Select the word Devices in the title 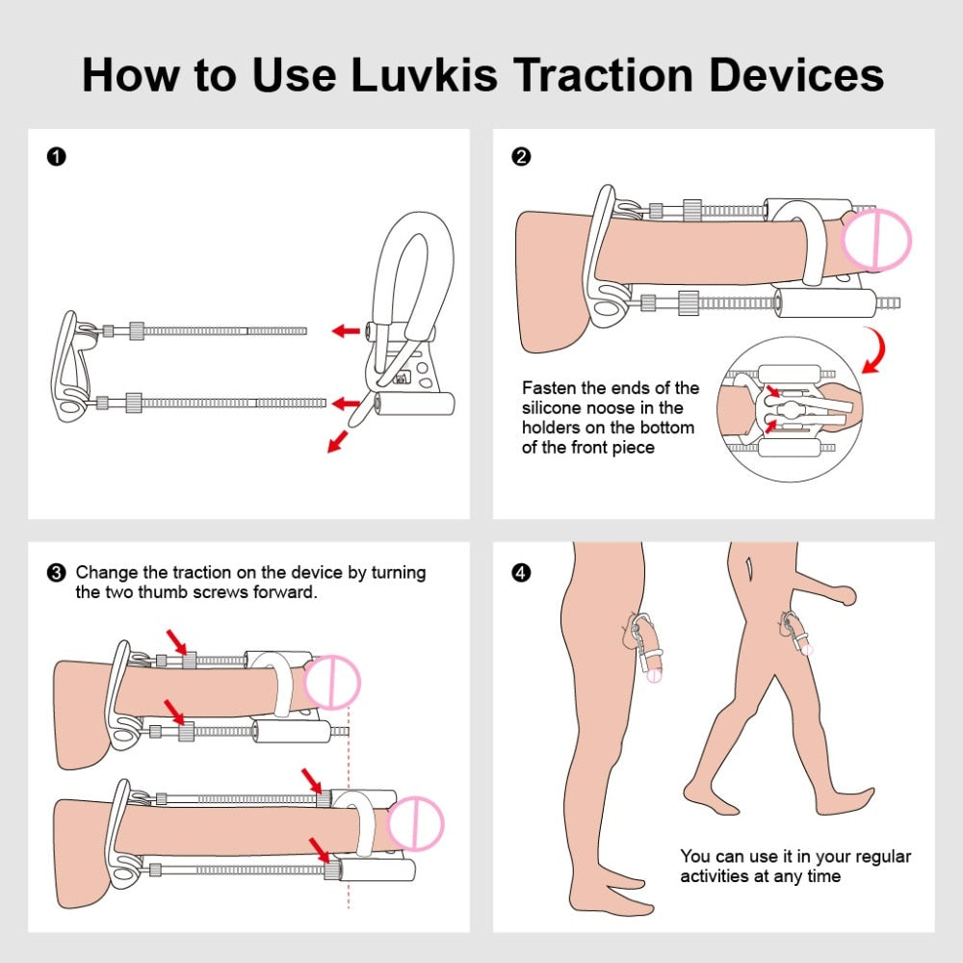(796, 74)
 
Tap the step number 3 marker (56, 573)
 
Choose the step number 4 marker (521, 573)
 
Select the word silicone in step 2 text (554, 408)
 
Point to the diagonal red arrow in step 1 (338, 441)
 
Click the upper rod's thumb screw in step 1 (136, 330)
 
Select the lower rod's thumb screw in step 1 (134, 402)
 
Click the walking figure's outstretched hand (847, 597)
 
